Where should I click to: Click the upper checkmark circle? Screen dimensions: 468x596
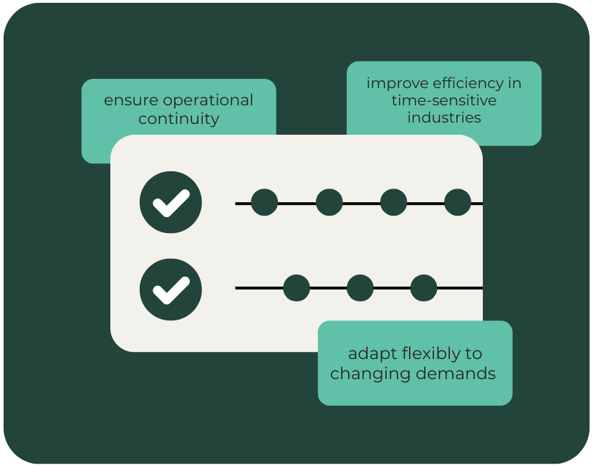tap(170, 203)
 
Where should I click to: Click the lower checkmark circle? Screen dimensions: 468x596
tap(170, 290)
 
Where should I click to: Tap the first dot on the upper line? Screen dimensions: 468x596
tap(264, 203)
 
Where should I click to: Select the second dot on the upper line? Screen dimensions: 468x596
tap(329, 203)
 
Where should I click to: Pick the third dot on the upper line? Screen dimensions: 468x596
tap(393, 203)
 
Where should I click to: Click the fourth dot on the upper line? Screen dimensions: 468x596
tap(457, 203)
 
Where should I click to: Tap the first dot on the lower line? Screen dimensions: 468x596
tap(297, 288)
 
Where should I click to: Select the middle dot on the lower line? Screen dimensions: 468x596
tap(360, 288)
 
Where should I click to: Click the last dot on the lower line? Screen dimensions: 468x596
tap(423, 288)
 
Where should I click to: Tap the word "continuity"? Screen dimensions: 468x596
tap(178, 119)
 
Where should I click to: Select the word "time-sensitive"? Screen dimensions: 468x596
tap(443, 100)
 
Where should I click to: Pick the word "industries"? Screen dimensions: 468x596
tap(443, 117)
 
